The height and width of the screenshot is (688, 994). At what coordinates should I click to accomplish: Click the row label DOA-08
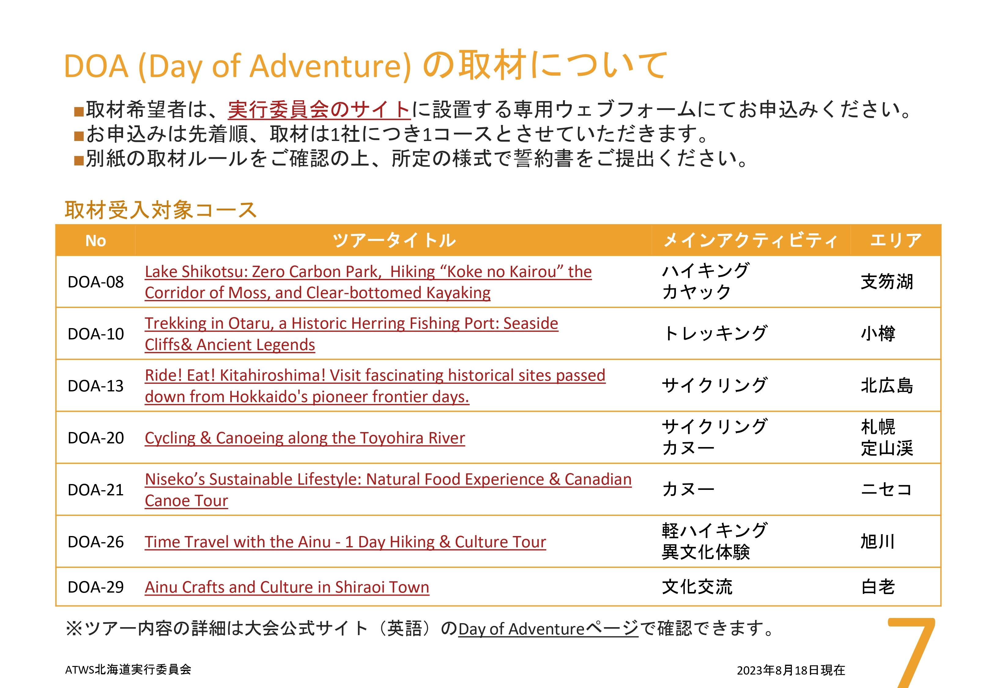click(96, 282)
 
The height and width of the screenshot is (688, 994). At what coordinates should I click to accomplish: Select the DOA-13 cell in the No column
click(96, 386)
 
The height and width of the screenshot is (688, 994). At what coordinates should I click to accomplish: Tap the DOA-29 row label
click(96, 587)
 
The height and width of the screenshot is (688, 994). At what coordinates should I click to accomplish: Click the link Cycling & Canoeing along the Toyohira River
click(305, 438)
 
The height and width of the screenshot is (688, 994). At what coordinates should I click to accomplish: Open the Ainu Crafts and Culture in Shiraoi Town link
click(287, 587)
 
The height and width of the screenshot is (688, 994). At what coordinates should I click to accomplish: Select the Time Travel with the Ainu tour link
click(345, 542)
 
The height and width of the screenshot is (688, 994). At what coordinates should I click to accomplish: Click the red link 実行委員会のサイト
click(319, 109)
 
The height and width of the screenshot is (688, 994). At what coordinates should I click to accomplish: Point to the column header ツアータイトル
click(394, 240)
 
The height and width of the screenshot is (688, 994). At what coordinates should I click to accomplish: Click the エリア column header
click(896, 240)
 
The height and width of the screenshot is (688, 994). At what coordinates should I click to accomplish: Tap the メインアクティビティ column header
click(751, 240)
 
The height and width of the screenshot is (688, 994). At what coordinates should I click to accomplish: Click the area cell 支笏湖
click(887, 282)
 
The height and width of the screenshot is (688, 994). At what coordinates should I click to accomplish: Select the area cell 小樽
click(878, 334)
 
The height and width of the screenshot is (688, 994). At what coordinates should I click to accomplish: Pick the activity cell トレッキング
click(715, 333)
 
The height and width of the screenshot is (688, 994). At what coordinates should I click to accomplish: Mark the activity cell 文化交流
click(697, 587)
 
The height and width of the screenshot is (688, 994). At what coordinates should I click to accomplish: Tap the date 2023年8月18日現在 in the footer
click(791, 670)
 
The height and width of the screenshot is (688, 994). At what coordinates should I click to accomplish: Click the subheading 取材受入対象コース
click(161, 210)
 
